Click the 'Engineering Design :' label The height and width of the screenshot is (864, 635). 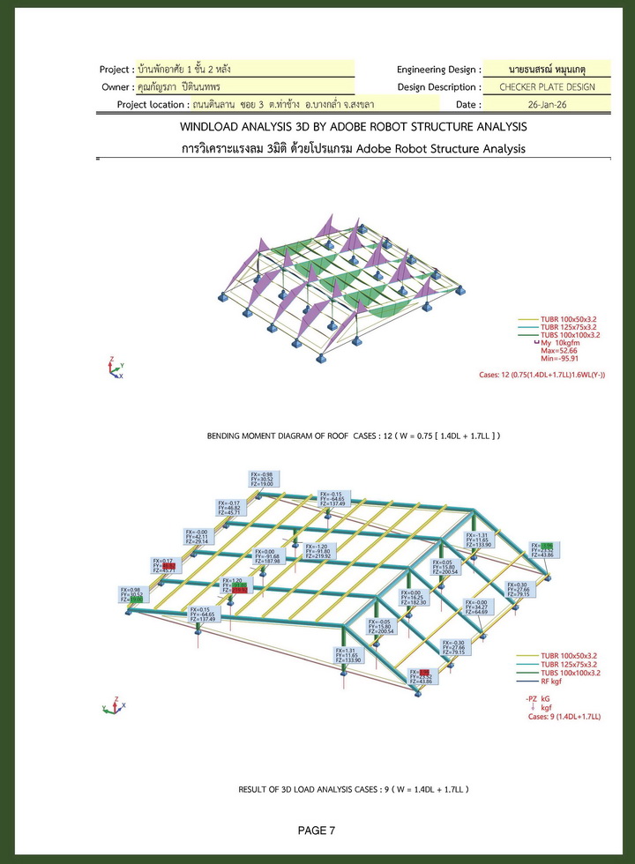tap(438, 69)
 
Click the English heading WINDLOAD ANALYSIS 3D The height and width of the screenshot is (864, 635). tap(353, 127)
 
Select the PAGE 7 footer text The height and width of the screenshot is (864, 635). tap(317, 830)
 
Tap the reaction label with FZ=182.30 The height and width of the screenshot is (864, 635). tap(415, 598)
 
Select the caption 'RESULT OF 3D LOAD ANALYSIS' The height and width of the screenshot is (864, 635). tap(353, 789)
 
